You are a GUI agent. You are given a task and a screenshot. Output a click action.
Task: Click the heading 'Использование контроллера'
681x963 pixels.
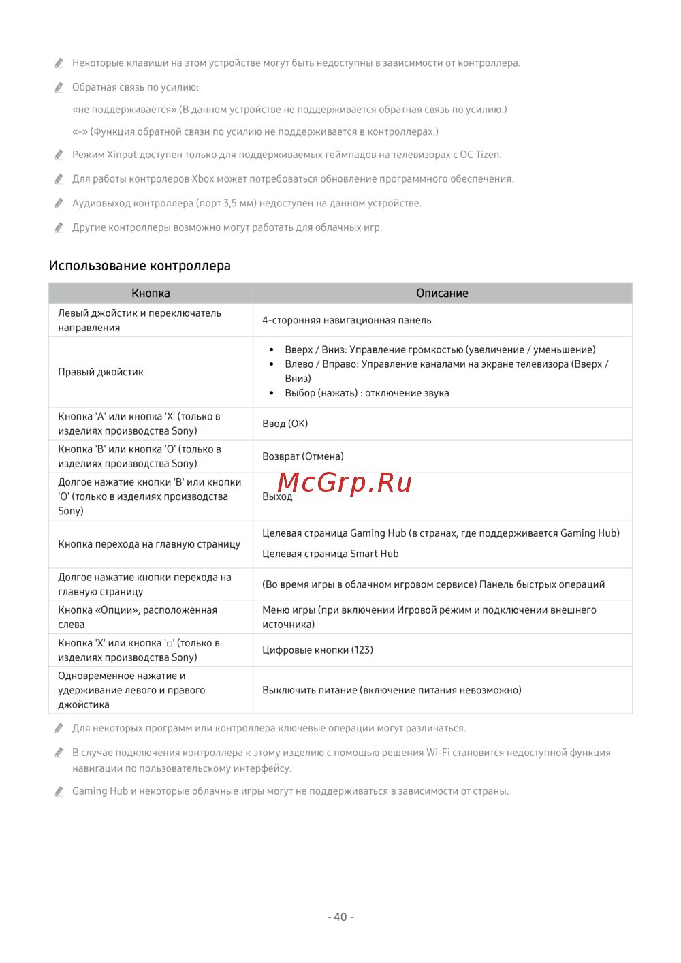140,266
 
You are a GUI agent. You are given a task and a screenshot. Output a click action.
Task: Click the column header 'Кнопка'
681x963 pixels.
151,293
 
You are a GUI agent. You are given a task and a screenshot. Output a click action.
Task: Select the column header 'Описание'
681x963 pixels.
442,293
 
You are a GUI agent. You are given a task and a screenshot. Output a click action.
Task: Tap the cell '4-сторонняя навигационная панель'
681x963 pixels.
347,320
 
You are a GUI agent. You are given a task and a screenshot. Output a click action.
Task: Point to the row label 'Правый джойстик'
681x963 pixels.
101,372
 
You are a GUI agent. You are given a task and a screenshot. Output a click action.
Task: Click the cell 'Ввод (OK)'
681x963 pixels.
285,424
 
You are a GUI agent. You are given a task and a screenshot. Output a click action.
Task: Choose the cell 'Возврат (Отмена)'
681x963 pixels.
303,456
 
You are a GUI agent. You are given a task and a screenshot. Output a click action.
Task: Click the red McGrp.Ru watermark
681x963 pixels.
345,482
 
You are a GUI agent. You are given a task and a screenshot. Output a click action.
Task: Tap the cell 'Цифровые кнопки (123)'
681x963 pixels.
317,650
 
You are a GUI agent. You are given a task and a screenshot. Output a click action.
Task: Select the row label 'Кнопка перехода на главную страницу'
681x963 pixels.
149,544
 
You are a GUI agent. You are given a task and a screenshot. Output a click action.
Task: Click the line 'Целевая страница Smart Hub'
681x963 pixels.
330,554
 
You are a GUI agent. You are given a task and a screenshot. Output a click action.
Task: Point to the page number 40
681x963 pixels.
340,917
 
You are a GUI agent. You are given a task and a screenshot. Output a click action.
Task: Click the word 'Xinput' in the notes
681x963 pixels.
122,155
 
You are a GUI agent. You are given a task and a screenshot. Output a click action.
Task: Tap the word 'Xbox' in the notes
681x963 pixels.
203,179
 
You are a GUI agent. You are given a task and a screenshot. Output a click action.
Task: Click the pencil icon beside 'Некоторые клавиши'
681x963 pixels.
59,63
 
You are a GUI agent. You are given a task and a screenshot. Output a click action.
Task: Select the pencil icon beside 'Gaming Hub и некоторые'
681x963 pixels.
59,791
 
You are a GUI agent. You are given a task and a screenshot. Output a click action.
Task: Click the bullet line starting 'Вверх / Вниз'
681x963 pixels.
440,349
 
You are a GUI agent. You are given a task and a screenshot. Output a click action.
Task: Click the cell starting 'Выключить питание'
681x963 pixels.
392,690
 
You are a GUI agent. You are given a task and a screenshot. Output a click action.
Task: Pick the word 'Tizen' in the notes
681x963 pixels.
488,155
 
